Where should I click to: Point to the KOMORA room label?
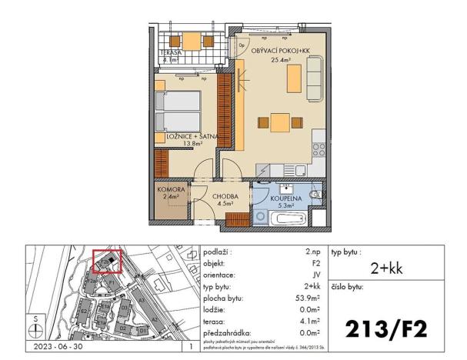click(x=169, y=188)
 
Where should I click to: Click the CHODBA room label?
click(x=226, y=196)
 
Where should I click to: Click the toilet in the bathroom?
click(x=315, y=198)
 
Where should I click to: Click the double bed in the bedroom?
click(x=178, y=112)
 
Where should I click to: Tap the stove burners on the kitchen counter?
click(x=318, y=147)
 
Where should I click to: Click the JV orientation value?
click(x=316, y=274)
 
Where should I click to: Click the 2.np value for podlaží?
click(x=312, y=252)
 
